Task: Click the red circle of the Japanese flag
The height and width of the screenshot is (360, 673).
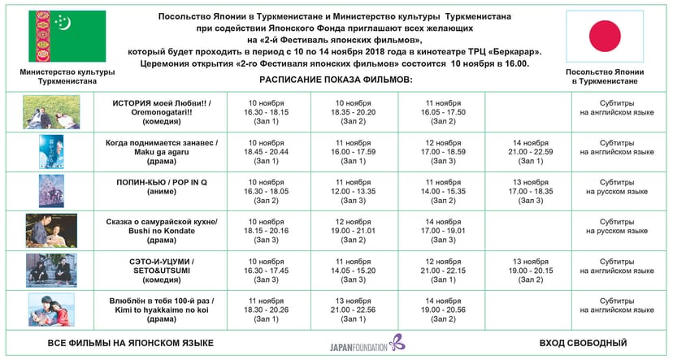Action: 603,37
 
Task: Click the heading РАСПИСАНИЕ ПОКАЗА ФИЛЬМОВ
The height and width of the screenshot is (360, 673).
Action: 336,80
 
